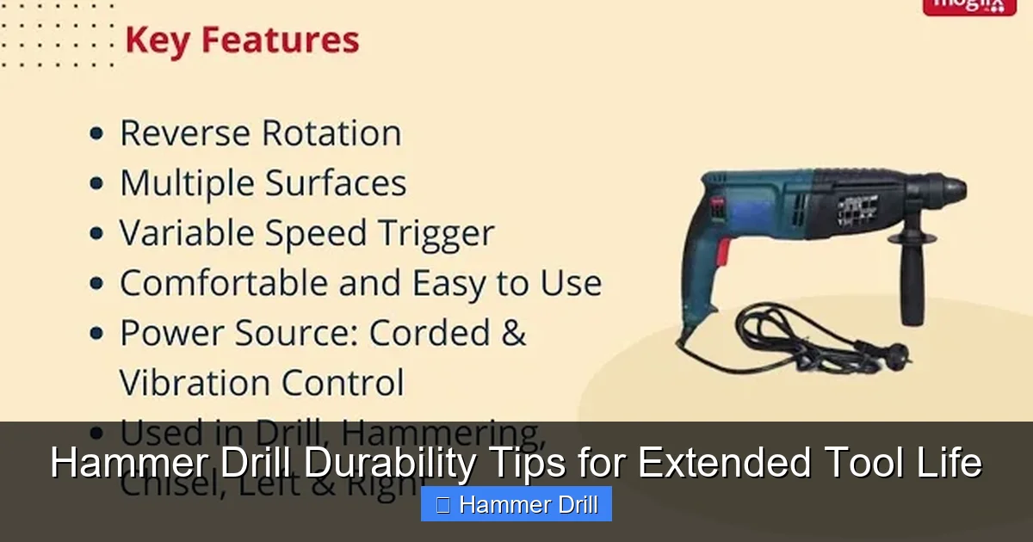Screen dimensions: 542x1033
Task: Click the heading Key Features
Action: (242, 41)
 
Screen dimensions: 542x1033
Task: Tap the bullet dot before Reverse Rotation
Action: (97, 134)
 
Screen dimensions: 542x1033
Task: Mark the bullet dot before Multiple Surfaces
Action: (97, 184)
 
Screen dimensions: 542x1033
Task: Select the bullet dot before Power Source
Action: (97, 334)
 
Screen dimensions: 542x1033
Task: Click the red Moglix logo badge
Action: (968, 5)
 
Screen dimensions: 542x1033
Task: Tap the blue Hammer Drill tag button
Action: (516, 504)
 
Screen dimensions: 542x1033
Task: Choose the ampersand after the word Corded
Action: (513, 333)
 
